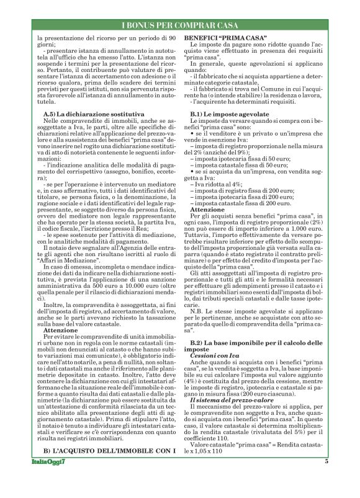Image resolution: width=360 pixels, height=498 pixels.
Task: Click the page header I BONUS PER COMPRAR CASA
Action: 180,25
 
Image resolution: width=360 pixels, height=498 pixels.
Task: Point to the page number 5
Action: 326,479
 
